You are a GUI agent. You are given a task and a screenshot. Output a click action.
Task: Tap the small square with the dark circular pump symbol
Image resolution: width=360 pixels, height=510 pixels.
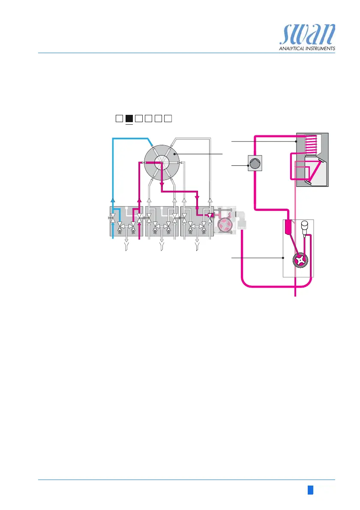coord(255,163)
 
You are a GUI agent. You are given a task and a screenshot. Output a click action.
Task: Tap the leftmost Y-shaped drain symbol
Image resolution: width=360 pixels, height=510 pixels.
coord(126,246)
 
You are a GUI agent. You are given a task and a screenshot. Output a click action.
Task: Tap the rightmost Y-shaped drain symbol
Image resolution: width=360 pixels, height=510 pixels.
coord(197,246)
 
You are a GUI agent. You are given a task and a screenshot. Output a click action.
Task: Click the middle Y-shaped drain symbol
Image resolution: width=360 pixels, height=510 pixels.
coord(162,246)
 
